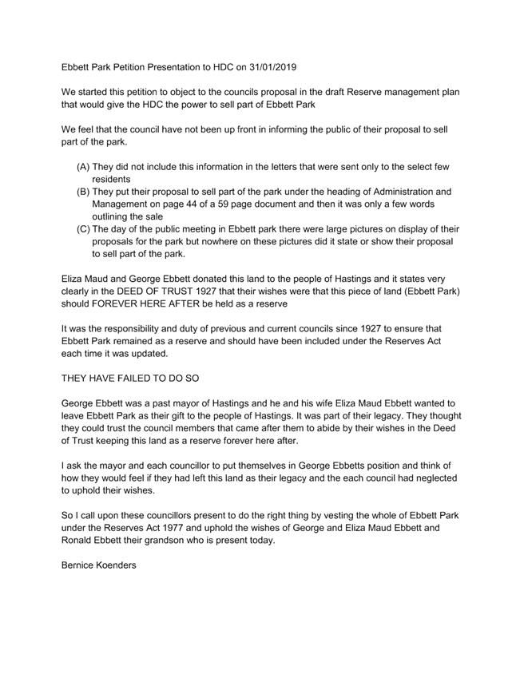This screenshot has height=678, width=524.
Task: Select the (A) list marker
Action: click(83, 167)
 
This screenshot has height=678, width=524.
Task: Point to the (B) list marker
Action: click(83, 192)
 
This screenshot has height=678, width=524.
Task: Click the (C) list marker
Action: click(83, 229)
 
